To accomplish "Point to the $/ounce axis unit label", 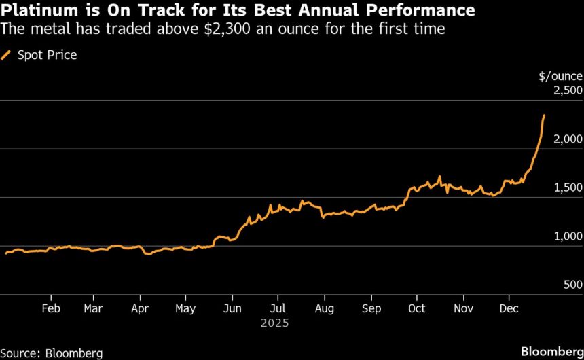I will click(560, 76).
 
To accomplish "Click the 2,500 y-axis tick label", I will click(564, 90).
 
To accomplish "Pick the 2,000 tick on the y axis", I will click(564, 139).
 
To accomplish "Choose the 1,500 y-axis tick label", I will click(564, 188).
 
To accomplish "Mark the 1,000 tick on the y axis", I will click(564, 236).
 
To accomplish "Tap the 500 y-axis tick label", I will click(570, 285).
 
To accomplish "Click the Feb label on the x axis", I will click(51, 308).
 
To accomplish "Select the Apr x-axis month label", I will click(139, 308).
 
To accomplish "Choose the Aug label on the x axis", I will click(325, 308).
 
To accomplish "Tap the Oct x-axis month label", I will click(417, 308).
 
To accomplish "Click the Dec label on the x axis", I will click(509, 308).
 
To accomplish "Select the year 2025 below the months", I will click(275, 323).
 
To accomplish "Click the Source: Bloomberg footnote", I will click(52, 353).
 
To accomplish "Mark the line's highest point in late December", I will click(545, 115).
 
